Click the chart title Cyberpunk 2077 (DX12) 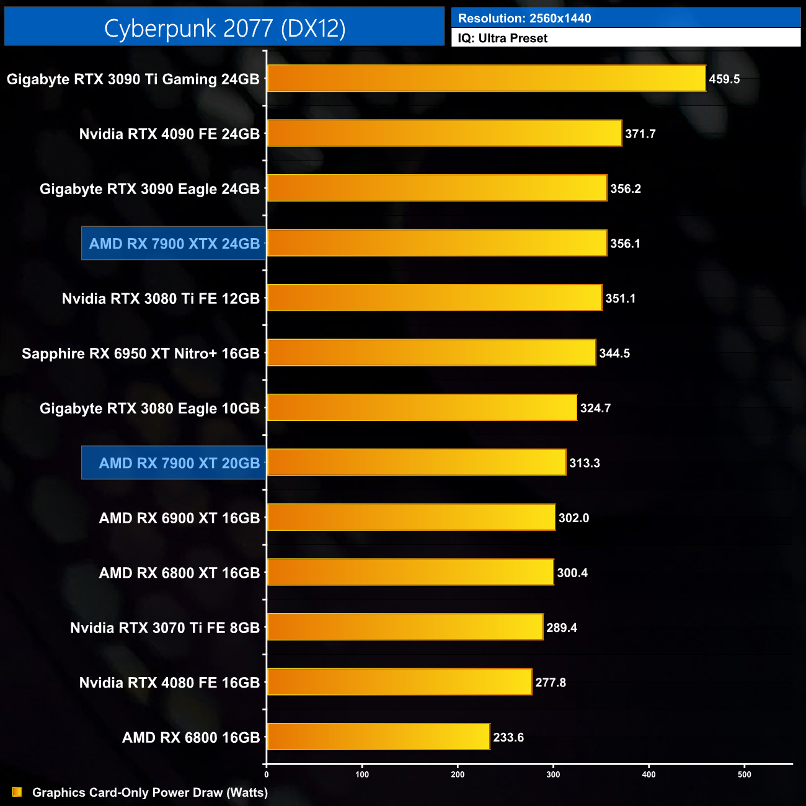[224, 28]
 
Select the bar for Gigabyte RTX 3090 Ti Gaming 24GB [486, 79]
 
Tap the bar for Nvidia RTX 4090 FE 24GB [444, 133]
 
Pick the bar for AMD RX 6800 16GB [378, 737]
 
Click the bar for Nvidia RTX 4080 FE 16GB [399, 682]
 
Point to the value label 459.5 [724, 79]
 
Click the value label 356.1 [625, 244]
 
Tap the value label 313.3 [584, 463]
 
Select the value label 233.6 [508, 737]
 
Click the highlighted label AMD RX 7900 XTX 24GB [174, 244]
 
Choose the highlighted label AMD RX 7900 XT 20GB [179, 463]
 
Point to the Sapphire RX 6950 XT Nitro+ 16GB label [141, 353]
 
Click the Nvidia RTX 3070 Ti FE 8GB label [165, 627]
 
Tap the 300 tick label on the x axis [553, 774]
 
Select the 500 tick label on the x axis [744, 774]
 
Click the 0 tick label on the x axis [267, 774]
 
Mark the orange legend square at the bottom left [17, 792]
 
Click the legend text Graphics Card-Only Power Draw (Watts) [150, 792]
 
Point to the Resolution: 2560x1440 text [525, 19]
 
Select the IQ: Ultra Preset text [503, 38]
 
